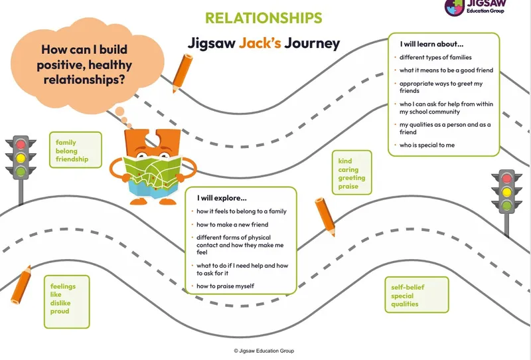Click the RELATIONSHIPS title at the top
264,18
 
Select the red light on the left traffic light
22,143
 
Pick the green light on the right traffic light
507,206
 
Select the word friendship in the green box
72,160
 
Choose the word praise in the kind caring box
348,187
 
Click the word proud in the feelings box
60,312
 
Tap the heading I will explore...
222,198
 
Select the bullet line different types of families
435,58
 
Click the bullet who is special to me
427,145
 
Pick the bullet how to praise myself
226,286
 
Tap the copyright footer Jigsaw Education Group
264,351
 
